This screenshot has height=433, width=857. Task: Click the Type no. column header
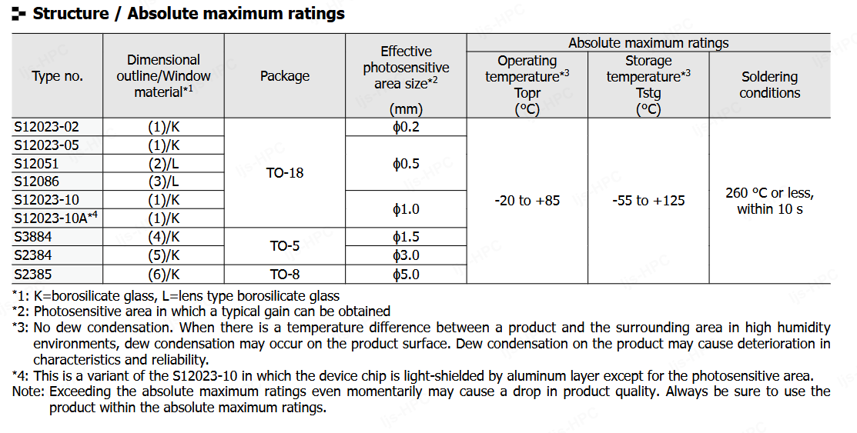coord(58,76)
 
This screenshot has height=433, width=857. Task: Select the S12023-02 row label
coord(46,127)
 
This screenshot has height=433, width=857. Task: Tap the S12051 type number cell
coord(36,164)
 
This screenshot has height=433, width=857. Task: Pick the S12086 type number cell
coord(36,182)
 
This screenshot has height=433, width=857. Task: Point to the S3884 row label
coord(33,237)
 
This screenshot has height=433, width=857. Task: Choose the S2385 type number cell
coord(33,274)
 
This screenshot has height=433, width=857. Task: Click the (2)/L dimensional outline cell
coord(163,164)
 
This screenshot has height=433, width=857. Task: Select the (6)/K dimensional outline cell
coord(163,274)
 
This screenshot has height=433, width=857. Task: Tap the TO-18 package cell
coord(285,173)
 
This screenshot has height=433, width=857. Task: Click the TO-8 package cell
coord(285,274)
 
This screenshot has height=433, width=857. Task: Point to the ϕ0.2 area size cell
coord(406,127)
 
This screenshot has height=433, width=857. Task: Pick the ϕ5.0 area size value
coord(406,274)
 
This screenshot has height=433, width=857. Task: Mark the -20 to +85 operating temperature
coord(527,201)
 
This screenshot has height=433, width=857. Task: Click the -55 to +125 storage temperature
coord(648,201)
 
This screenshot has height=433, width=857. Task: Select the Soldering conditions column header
coord(769,85)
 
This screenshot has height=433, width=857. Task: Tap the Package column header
coord(285,76)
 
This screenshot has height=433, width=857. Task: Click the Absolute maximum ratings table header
coord(648,43)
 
